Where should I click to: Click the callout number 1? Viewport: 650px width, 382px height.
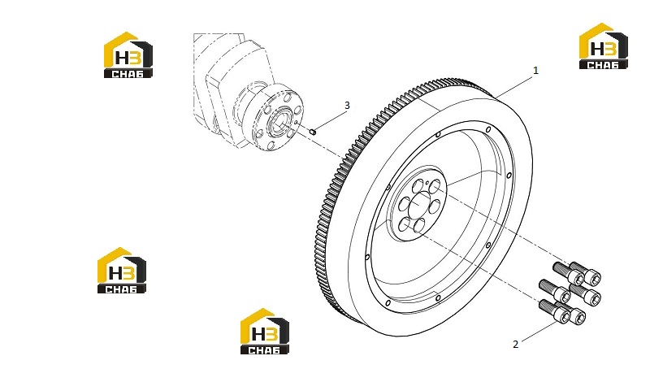coord(535,71)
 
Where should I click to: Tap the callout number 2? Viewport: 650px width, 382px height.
coord(515,345)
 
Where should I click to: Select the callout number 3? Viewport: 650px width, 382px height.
coord(347,106)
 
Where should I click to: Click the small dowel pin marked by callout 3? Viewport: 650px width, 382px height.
coord(314,132)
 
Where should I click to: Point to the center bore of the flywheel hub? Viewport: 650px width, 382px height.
coord(419,204)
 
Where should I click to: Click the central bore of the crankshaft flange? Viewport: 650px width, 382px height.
coord(279,123)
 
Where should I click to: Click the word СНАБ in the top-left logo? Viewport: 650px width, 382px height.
coord(128,74)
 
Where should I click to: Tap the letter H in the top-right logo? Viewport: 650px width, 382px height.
coord(597,48)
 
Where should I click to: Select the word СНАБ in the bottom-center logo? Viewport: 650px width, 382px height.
coord(265,350)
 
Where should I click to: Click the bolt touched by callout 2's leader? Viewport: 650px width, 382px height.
coord(556,311)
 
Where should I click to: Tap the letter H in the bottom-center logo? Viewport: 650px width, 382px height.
coord(258,333)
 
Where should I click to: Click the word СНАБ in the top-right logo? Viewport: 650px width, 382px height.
coord(603,65)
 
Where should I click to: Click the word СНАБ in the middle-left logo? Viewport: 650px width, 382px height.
coord(121,289)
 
